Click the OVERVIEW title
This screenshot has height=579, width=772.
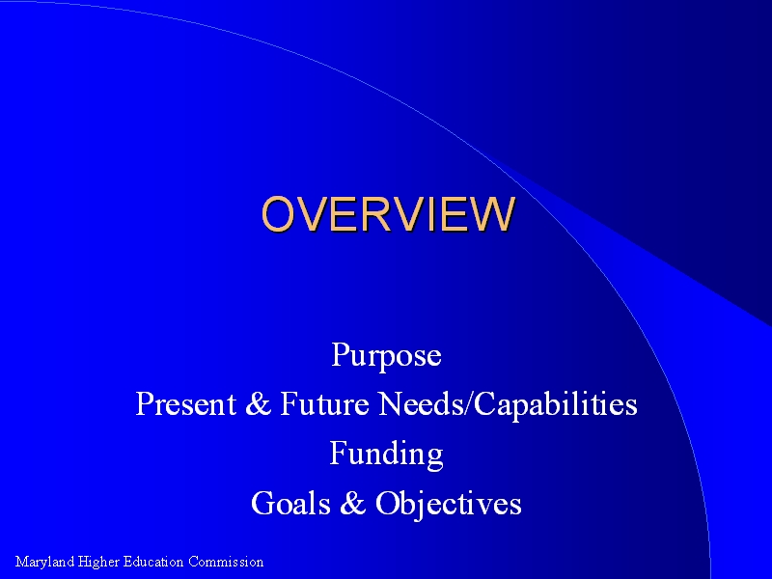(389, 213)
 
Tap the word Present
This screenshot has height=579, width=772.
(185, 403)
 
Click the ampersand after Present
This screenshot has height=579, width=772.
(258, 403)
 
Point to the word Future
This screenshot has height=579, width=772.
(324, 403)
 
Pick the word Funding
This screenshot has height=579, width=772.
(387, 455)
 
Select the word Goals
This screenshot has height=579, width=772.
(290, 503)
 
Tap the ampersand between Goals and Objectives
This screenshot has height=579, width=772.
(352, 503)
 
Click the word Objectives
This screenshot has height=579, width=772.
(448, 504)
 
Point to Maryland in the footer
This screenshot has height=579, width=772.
(44, 562)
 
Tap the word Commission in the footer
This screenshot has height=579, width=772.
(226, 562)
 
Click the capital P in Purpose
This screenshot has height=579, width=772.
(341, 353)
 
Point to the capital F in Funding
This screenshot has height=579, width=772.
(339, 452)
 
